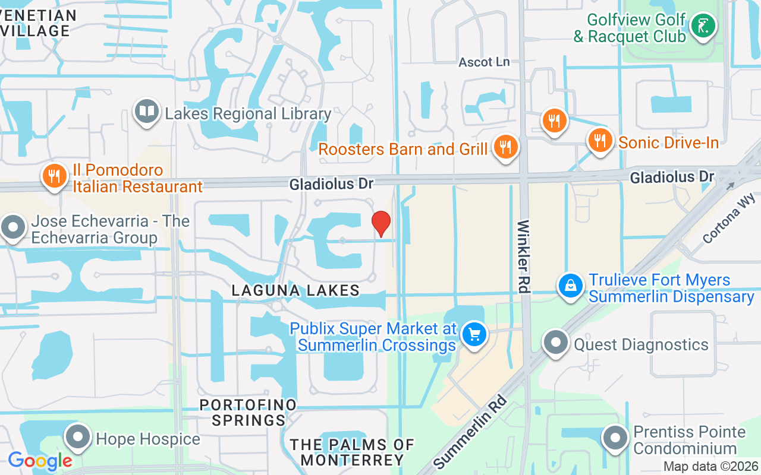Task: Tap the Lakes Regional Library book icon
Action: (146, 112)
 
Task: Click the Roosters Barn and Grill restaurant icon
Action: (505, 147)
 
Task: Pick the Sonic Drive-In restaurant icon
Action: (600, 141)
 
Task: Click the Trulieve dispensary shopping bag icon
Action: (570, 286)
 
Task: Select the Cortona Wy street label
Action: (728, 218)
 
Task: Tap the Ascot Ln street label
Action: (484, 62)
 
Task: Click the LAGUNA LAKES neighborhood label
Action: (295, 290)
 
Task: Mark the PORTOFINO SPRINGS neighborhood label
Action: (248, 413)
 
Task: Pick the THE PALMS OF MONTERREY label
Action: (352, 452)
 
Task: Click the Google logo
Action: (40, 460)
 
